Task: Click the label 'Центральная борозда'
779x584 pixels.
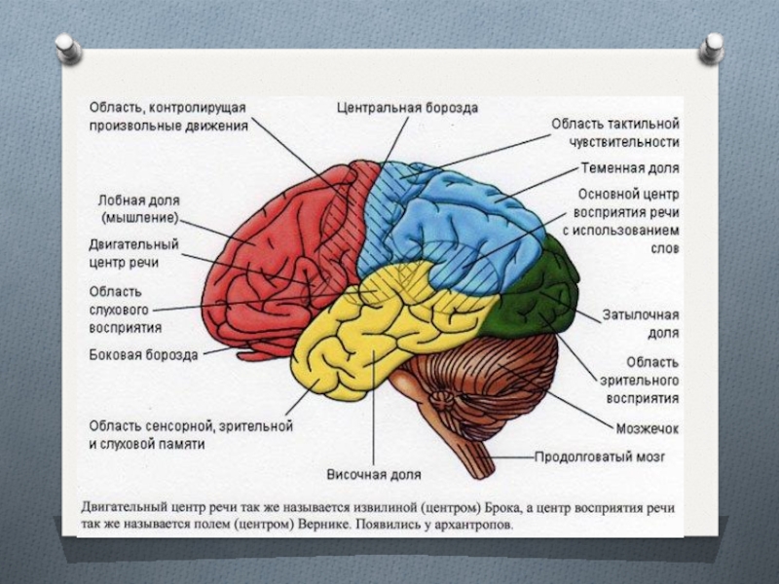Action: click(x=407, y=108)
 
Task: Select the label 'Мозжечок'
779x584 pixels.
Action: click(x=647, y=427)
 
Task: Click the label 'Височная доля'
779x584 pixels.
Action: click(x=373, y=475)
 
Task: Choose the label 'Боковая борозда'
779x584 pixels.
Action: click(x=143, y=355)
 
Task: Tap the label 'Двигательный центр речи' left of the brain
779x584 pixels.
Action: click(x=133, y=254)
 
